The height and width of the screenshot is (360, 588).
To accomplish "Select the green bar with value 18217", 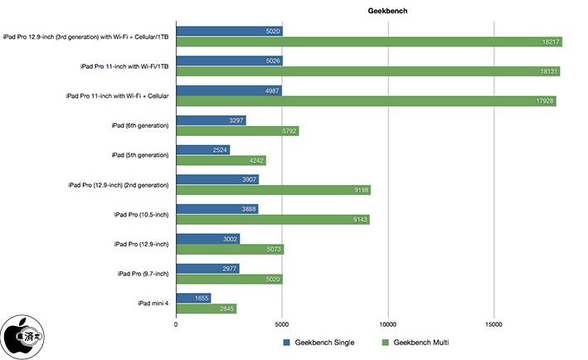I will pyautogui.click(x=369, y=41).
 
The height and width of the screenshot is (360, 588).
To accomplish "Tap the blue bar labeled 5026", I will pyautogui.click(x=229, y=61).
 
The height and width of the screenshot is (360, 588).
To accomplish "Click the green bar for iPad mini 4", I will pyautogui.click(x=207, y=309).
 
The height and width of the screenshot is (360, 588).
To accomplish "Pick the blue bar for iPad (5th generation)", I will pyautogui.click(x=202, y=150).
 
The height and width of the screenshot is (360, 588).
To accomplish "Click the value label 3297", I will pyautogui.click(x=235, y=120).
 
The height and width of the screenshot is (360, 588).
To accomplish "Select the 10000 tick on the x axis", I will pyautogui.click(x=387, y=324).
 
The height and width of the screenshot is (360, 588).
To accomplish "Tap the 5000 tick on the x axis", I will pyautogui.click(x=282, y=324).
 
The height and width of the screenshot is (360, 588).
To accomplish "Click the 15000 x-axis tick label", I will pyautogui.click(x=493, y=324).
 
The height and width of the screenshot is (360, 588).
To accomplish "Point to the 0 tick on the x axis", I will pyautogui.click(x=176, y=324).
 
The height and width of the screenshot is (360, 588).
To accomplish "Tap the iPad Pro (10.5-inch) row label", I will pyautogui.click(x=142, y=214).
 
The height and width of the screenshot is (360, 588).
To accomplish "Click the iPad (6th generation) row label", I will pyautogui.click(x=140, y=125).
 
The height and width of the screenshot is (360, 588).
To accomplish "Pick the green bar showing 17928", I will pyautogui.click(x=366, y=101).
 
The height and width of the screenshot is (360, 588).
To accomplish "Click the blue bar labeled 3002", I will pyautogui.click(x=207, y=239).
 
